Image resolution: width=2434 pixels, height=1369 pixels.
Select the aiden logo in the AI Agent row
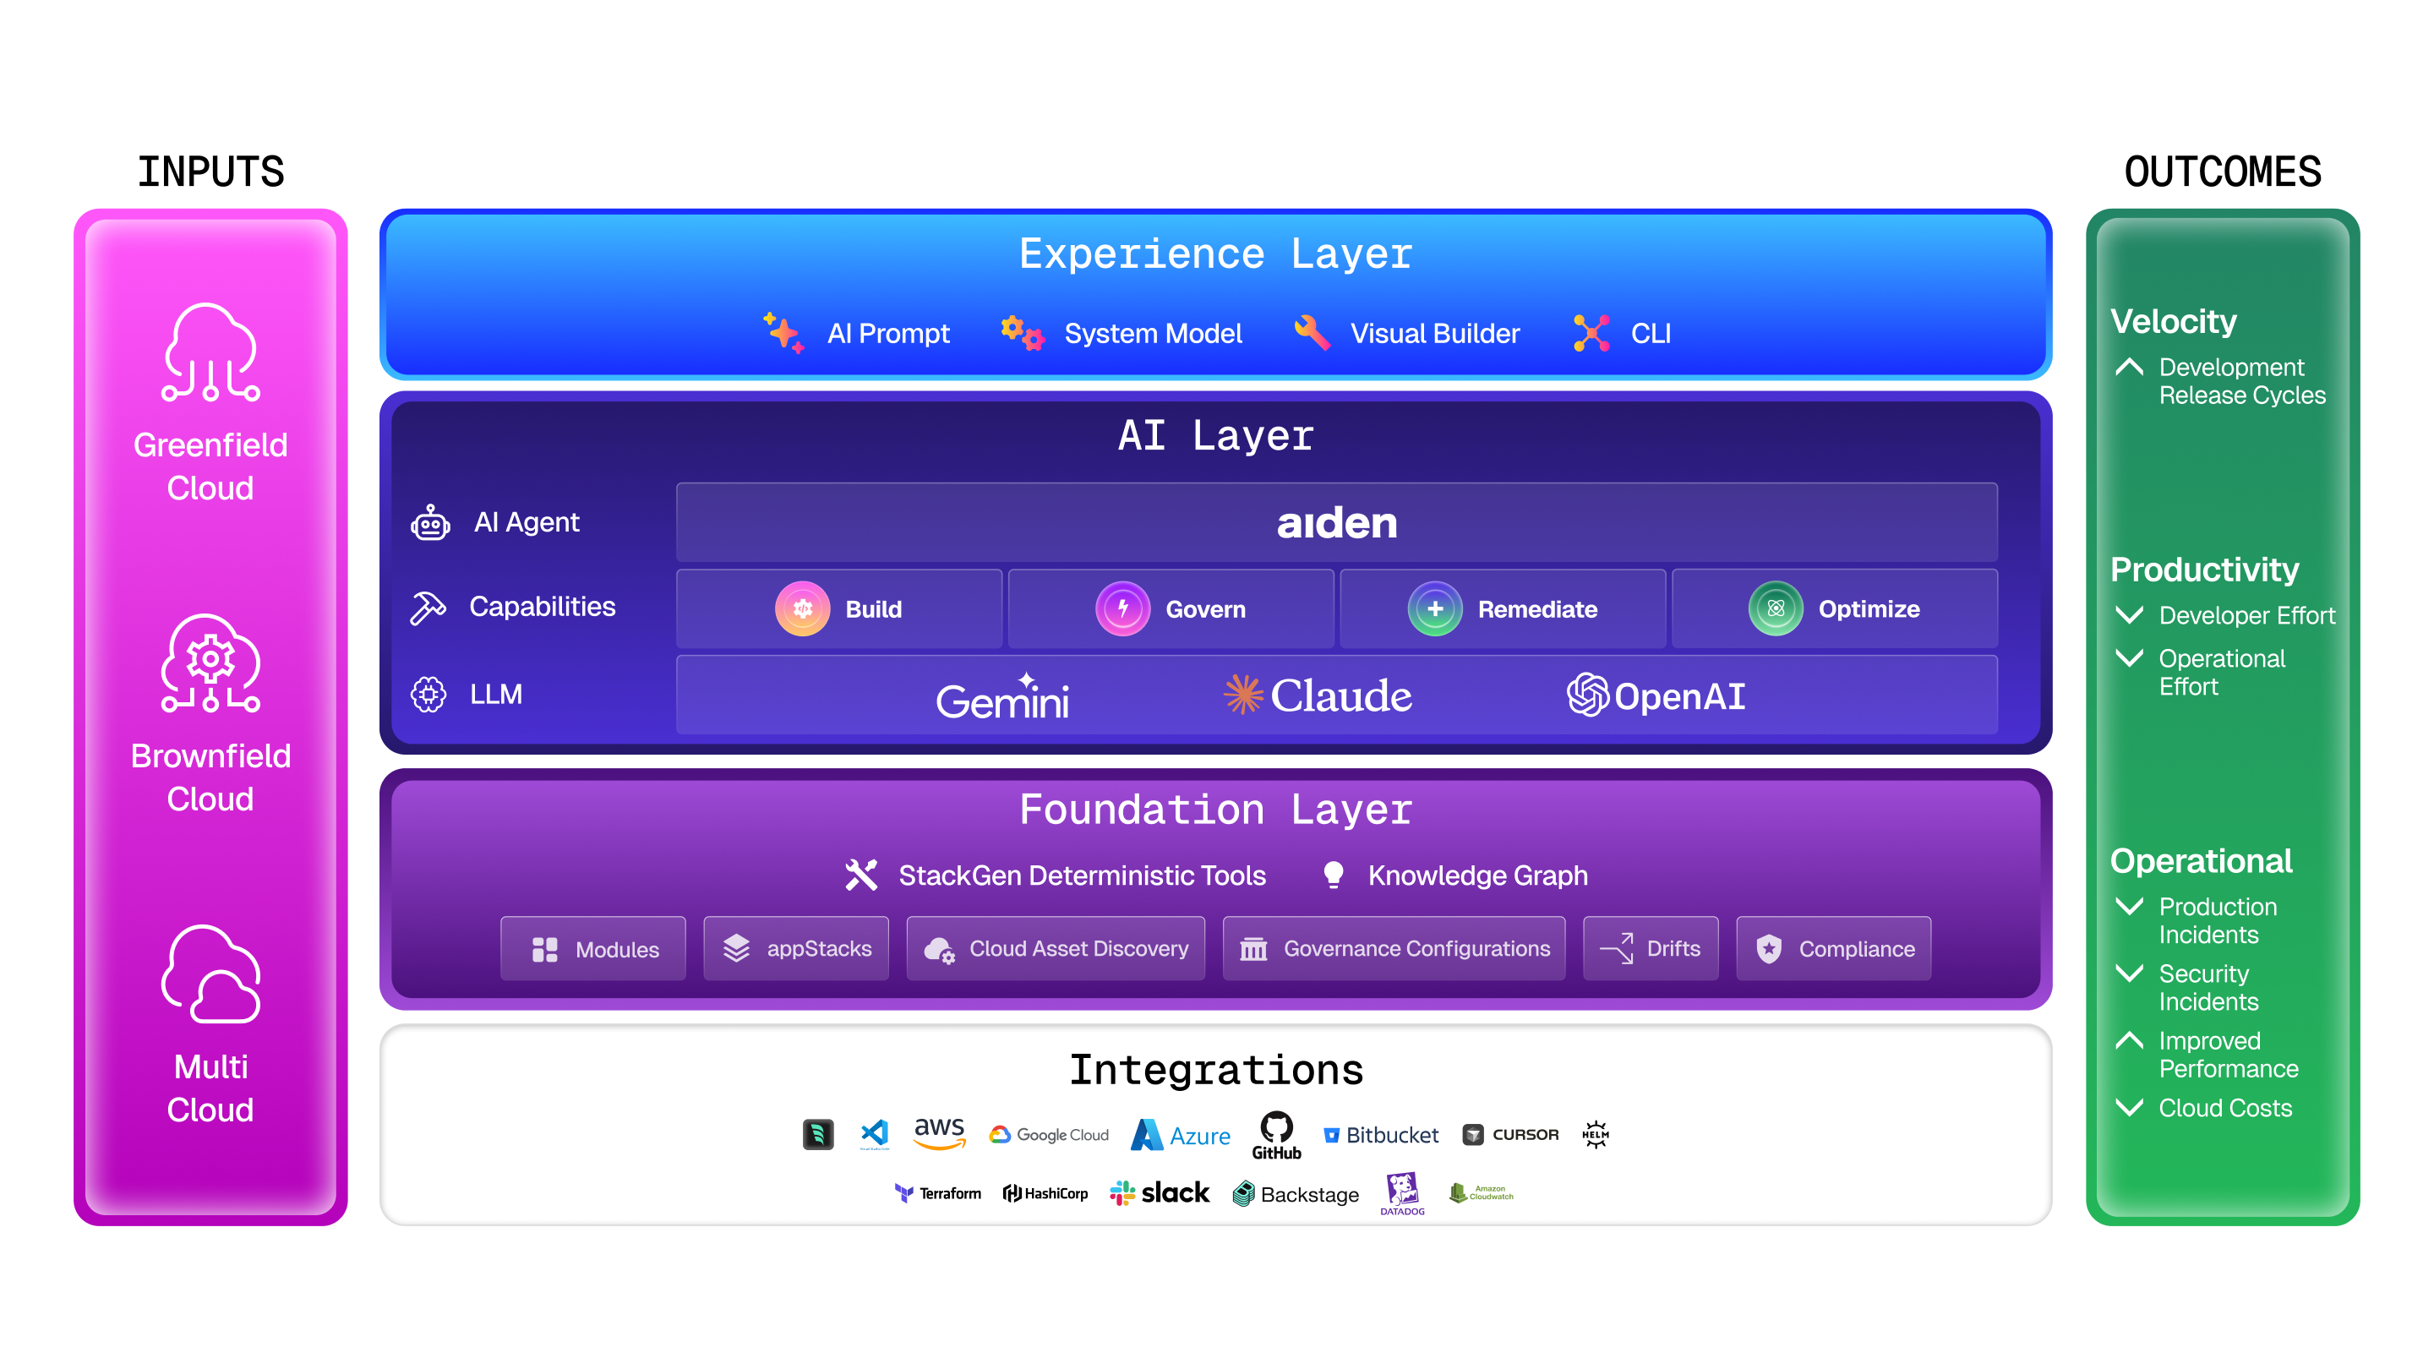tap(1336, 522)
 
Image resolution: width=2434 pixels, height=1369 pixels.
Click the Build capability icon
tap(802, 608)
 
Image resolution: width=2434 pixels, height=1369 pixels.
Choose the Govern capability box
tap(1171, 608)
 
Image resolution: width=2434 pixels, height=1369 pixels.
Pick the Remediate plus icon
tap(1434, 608)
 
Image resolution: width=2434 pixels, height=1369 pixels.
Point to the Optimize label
tap(1868, 609)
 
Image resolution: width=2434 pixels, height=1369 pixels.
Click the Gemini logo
tap(1002, 697)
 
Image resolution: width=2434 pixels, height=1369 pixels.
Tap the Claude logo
tap(1318, 695)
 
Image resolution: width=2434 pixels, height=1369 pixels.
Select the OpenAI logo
tap(1656, 695)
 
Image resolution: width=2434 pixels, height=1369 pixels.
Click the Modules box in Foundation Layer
tap(593, 948)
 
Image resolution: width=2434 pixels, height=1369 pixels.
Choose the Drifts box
tap(1650, 948)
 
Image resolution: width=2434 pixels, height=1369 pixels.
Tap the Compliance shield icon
tap(1769, 948)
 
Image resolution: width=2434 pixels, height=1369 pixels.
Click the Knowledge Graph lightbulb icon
tap(1334, 875)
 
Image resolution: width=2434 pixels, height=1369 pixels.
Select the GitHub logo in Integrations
tap(1276, 1135)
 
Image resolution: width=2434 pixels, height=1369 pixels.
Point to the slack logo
tap(1160, 1193)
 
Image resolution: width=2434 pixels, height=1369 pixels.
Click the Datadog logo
tap(1402, 1193)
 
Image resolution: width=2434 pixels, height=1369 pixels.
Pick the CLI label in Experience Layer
tap(1651, 334)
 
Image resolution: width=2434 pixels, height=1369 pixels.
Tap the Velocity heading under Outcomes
tap(2173, 321)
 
